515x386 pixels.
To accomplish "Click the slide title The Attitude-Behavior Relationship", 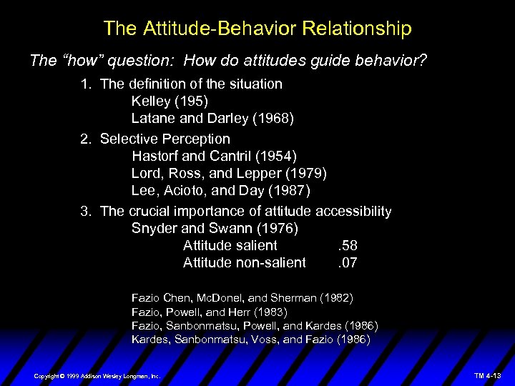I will (x=257, y=29).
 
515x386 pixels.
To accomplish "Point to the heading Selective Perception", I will (x=165, y=138).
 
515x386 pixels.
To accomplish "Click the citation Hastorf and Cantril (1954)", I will (x=214, y=156).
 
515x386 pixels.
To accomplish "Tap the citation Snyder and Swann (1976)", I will (x=215, y=229).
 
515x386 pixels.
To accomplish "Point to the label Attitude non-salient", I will (x=244, y=263).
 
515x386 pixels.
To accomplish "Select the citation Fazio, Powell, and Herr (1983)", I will (x=209, y=312).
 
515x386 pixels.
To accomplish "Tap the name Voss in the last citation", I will (x=265, y=340).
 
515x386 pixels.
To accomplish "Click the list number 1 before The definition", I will (x=85, y=84).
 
